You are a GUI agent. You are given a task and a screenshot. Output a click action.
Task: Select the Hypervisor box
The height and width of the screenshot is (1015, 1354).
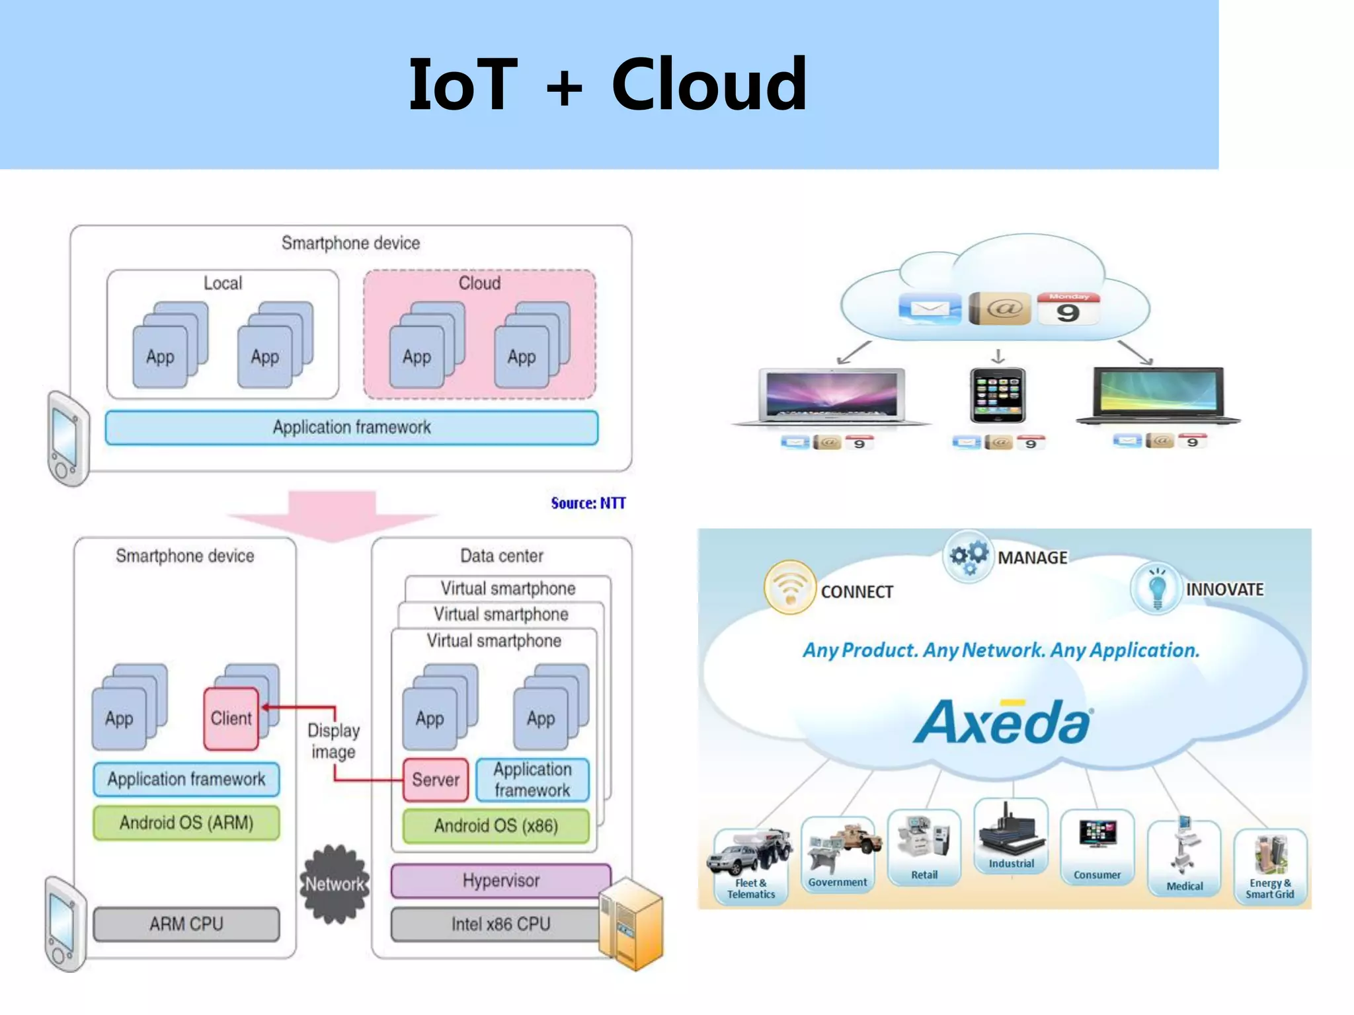pos(500,880)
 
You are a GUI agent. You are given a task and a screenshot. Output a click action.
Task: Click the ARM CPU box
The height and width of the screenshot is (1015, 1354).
pos(186,924)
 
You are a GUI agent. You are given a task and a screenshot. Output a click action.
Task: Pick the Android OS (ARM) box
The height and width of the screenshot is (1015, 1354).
pos(186,823)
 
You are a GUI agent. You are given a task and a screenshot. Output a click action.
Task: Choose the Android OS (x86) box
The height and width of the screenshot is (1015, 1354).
pos(495,825)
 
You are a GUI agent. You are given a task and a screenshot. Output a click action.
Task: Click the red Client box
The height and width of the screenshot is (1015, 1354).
pos(231,718)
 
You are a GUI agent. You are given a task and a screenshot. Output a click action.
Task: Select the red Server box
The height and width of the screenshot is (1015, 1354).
pos(435,780)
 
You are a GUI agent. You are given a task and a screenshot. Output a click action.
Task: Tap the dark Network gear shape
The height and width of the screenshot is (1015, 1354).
pos(335,883)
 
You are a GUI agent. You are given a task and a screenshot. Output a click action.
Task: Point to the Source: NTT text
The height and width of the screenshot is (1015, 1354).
pos(588,504)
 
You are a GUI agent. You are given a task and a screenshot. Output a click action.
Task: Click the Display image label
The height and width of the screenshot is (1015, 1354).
pos(333,741)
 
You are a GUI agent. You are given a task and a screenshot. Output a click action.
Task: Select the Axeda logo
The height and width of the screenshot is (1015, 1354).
pos(1003,722)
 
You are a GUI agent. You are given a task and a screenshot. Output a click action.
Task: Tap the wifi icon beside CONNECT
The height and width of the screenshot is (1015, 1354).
pos(789,587)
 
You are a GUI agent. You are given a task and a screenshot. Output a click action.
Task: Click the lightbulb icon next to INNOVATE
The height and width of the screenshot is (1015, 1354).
pos(1156,587)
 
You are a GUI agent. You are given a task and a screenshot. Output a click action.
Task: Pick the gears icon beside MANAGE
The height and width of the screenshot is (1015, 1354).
pos(969,556)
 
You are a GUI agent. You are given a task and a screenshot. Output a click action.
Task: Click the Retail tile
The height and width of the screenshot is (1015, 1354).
pos(924,847)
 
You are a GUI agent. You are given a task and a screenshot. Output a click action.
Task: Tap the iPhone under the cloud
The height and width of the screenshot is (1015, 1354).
pos(998,395)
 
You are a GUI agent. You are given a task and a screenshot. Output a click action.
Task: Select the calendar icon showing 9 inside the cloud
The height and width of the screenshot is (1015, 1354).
pos(1068,309)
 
